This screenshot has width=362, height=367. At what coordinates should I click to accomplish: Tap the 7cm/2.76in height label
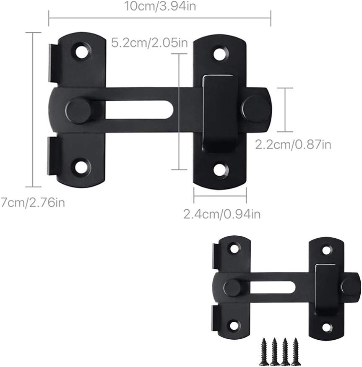coord(32,203)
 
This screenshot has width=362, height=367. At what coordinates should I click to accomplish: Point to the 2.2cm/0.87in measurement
coord(293,145)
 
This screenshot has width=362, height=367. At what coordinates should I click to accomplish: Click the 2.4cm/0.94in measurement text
coord(222,214)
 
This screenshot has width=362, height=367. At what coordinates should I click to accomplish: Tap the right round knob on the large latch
coord(255,109)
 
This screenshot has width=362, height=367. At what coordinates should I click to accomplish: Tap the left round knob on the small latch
coord(232,288)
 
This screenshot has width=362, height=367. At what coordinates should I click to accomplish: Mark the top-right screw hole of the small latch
coord(326,250)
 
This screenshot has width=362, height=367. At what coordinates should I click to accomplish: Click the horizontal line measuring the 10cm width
coord(159,18)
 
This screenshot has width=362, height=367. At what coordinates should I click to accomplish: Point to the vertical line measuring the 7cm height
coord(34,109)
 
